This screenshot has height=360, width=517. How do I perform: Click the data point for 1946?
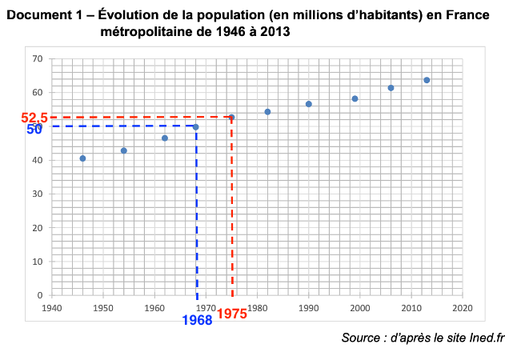[x=82, y=158]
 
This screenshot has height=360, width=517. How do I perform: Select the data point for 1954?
[x=124, y=150]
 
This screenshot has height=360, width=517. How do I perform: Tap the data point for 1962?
[x=165, y=138]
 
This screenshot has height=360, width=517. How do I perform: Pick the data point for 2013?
[x=427, y=80]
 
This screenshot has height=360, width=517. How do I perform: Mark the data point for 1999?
[x=355, y=99]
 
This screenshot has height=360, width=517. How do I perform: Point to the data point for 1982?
[x=267, y=112]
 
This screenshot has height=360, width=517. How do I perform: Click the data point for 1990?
[x=308, y=104]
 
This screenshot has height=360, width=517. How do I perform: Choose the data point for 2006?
[x=391, y=88]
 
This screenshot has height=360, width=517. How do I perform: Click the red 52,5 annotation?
[x=35, y=118]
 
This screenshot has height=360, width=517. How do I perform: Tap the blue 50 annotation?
[x=34, y=129]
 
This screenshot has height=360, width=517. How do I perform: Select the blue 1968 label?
[x=197, y=320]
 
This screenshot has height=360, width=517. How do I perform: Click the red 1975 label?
[x=231, y=314]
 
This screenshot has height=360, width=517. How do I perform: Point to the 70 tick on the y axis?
[x=38, y=59]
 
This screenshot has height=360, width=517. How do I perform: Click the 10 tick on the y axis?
[x=38, y=262]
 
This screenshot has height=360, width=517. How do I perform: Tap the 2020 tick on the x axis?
[x=462, y=307]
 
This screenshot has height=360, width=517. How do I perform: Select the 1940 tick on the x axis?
[x=52, y=307]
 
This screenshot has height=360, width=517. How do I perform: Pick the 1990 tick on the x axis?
[x=308, y=307]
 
